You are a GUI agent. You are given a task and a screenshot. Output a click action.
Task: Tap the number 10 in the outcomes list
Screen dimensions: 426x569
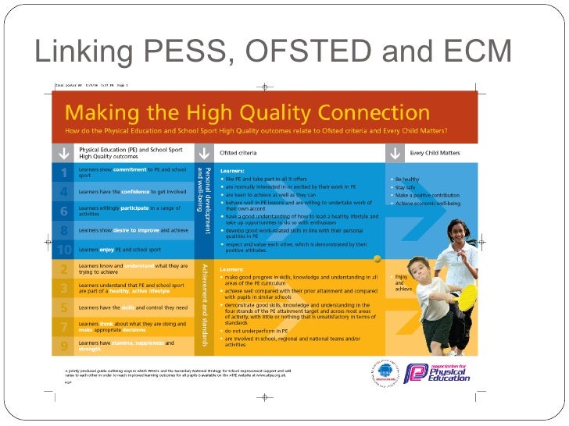pos(64,250)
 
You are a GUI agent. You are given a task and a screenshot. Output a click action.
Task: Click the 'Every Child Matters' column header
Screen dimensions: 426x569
pos(435,153)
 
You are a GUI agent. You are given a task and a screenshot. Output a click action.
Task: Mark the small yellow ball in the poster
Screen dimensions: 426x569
pos(378,258)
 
